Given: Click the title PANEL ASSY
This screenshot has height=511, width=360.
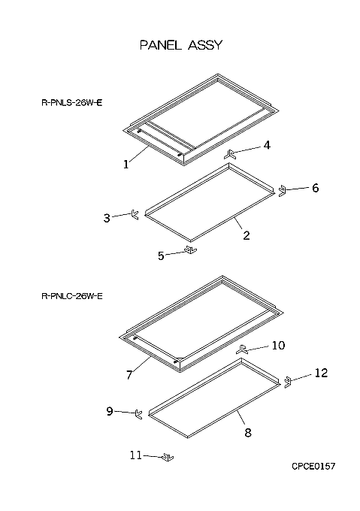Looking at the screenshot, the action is pos(181,45).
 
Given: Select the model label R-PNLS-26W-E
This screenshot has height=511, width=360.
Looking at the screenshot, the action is pos(72,103).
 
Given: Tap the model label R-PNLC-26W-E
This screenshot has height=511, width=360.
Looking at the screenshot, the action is pos(72,296).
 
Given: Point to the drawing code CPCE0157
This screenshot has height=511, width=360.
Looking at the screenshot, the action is pos(313,467).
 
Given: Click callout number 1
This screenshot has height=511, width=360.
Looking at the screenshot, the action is pos(126,165).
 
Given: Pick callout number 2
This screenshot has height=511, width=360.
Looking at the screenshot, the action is pos(247,235).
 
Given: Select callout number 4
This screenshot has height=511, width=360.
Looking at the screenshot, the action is pos(267,145).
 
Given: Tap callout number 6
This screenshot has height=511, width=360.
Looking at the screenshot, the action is pos(316,188).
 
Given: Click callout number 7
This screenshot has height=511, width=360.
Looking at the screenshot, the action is pos(129,375).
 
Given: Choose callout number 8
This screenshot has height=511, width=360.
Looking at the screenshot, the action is pos(248,432).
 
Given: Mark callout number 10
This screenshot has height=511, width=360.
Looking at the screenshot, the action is pos(278,345).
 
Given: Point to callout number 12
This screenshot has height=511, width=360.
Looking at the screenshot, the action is pos(321,373).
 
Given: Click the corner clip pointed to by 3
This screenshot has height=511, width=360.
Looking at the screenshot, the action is pos(135,214).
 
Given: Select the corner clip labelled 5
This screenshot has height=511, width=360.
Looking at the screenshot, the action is pos(191,250).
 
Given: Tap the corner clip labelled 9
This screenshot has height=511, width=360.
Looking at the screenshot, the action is pos(138,414).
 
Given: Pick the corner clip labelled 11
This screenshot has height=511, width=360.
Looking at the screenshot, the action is pos(168,457).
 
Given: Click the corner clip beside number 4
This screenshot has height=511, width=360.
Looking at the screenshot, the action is pos(231,154).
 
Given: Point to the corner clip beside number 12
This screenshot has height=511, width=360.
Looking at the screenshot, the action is pos(287,382).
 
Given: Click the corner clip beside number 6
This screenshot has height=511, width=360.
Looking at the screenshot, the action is pos(282,191).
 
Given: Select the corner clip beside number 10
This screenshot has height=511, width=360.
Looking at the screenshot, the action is pos(242,349).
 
